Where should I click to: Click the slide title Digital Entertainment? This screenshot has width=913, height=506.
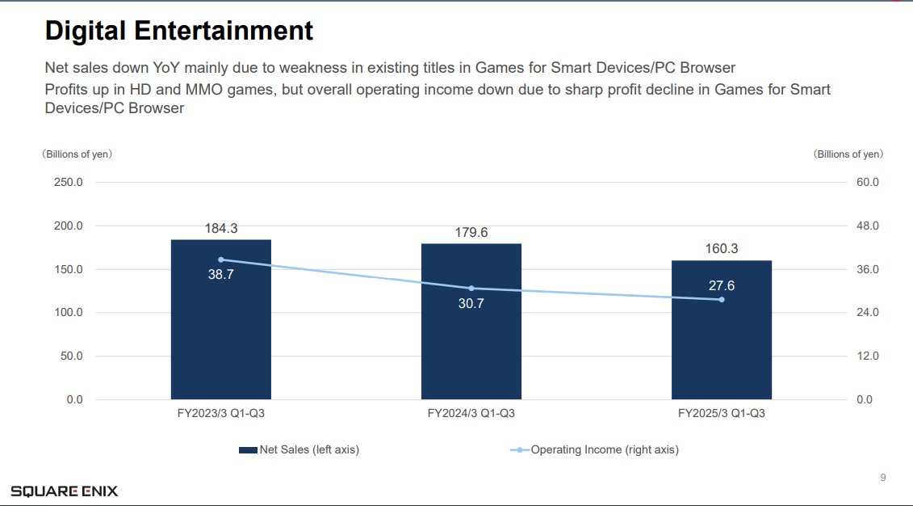(178, 31)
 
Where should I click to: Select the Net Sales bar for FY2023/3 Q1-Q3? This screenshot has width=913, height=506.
(220, 339)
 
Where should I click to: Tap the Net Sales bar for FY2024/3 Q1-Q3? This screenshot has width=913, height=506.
(471, 348)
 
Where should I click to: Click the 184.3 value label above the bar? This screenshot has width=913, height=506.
(220, 229)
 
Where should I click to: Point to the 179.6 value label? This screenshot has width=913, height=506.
(471, 233)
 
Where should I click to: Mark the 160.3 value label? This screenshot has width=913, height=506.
(721, 249)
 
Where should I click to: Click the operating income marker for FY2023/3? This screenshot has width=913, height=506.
(221, 259)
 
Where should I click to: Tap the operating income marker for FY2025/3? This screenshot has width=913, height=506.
(722, 300)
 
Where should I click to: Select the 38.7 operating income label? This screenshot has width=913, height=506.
(220, 275)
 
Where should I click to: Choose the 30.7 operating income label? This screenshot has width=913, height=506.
(471, 304)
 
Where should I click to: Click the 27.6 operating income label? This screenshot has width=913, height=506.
(721, 285)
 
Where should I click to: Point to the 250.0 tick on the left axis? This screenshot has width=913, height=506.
(68, 183)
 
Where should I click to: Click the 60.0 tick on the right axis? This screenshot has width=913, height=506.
(868, 183)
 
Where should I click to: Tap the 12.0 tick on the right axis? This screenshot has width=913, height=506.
(868, 356)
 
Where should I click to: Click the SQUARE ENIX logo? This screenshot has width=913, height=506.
(65, 491)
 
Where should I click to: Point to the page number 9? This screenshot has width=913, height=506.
(882, 478)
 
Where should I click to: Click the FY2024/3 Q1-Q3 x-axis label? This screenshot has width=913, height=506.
(471, 413)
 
